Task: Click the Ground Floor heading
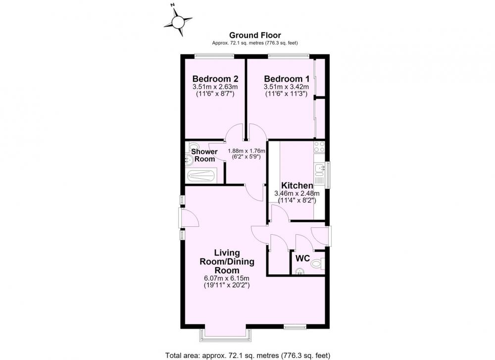tap(255, 35)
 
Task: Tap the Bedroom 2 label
tap(215, 79)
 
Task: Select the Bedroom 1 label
tap(287, 79)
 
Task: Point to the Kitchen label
tap(297, 185)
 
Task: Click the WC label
tap(302, 258)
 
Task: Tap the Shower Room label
tap(204, 155)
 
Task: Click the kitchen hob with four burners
tap(319, 147)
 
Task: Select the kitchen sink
tap(319, 169)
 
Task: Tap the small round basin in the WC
tap(298, 271)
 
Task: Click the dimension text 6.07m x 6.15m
tap(227, 278)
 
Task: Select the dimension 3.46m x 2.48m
tap(297, 193)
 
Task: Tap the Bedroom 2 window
tap(214, 56)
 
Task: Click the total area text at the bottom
tap(248, 355)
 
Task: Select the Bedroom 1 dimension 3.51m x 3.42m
tap(286, 87)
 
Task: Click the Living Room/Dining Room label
tap(227, 261)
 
